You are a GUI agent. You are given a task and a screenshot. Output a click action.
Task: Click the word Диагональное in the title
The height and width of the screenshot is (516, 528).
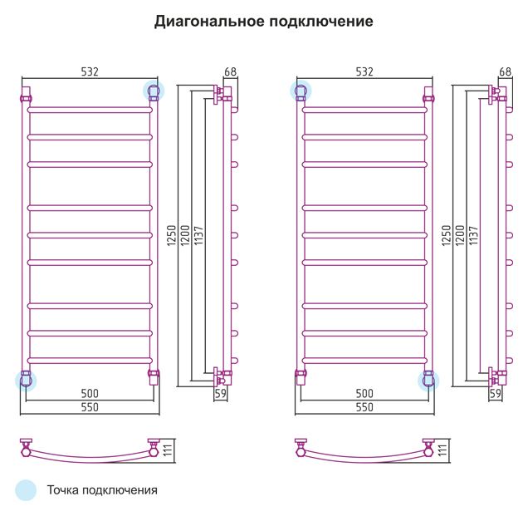tap(209, 22)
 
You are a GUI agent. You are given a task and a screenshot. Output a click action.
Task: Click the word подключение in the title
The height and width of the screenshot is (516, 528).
tap(321, 22)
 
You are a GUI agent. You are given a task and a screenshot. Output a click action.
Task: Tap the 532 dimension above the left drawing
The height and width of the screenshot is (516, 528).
tap(90, 71)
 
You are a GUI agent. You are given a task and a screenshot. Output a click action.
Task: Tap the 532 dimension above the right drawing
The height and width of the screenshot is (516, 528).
tap(364, 71)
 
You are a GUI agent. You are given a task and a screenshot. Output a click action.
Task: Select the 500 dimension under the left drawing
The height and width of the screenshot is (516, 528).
tap(90, 393)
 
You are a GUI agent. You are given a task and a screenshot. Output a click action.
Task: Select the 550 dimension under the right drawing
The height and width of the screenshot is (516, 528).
tap(364, 407)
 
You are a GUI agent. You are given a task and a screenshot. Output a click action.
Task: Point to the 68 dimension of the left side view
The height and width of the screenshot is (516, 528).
tap(230, 71)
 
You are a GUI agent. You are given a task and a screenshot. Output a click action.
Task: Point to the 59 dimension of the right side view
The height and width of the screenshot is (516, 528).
tap(495, 393)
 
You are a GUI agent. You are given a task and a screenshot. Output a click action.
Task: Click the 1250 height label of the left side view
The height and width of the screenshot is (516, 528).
tap(171, 235)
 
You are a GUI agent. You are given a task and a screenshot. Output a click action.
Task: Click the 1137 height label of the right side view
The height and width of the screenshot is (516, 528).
tap(473, 235)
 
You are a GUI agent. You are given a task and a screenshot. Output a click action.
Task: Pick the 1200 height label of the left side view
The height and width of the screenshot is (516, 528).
tap(185, 235)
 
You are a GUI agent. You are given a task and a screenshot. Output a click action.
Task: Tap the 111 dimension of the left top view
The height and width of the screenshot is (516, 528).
tap(168, 450)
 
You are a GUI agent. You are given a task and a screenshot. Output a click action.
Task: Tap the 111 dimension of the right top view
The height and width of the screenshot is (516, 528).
tap(442, 450)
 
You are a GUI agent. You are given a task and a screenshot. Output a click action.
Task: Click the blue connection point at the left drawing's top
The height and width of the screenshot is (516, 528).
tap(154, 91)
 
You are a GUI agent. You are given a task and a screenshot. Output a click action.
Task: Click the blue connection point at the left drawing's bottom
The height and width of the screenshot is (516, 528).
tap(26, 381)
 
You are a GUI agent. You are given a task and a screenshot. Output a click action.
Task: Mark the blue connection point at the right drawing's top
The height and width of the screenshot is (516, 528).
tap(301, 91)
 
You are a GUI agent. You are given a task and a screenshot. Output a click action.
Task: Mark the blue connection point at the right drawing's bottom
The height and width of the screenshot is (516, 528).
tap(428, 381)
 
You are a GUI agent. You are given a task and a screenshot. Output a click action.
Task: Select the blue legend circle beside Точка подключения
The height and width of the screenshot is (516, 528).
tap(26, 490)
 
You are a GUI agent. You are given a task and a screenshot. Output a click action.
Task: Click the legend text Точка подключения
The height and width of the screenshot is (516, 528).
tap(102, 490)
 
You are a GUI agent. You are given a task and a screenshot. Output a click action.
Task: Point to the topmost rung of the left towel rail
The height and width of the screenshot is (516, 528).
tap(90, 110)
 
